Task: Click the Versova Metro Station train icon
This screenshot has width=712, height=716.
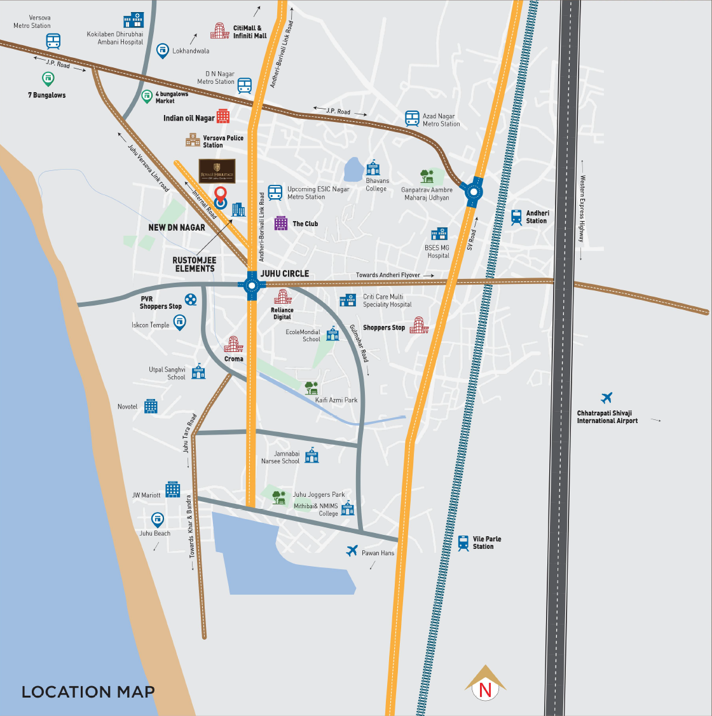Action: tap(53, 42)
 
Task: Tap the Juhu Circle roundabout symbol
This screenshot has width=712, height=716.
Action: tap(252, 286)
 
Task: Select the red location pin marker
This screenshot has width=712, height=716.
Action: tap(221, 194)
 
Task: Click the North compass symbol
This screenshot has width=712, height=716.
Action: tap(485, 689)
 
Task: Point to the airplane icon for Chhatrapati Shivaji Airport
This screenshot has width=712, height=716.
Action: tap(606, 398)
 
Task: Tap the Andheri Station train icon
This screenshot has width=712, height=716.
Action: tap(516, 217)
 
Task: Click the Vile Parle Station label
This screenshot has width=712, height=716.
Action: tap(487, 543)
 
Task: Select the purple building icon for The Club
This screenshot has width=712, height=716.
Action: tap(281, 223)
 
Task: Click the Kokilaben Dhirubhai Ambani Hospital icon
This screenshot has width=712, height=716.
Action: tap(133, 20)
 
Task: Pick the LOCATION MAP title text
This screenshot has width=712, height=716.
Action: tap(88, 692)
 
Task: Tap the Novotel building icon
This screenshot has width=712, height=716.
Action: tap(151, 406)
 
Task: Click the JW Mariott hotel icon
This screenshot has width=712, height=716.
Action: tap(173, 489)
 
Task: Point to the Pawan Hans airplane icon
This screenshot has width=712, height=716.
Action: tap(352, 551)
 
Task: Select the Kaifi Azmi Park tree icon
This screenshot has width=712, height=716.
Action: tap(311, 388)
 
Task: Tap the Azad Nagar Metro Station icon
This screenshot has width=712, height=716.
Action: tap(413, 119)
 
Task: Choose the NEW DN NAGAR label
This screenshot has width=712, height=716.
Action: tap(177, 227)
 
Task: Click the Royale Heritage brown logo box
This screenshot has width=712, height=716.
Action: tap(217, 172)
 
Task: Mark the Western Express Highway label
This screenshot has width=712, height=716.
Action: tap(582, 209)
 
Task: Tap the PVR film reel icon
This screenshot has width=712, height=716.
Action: tap(191, 300)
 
